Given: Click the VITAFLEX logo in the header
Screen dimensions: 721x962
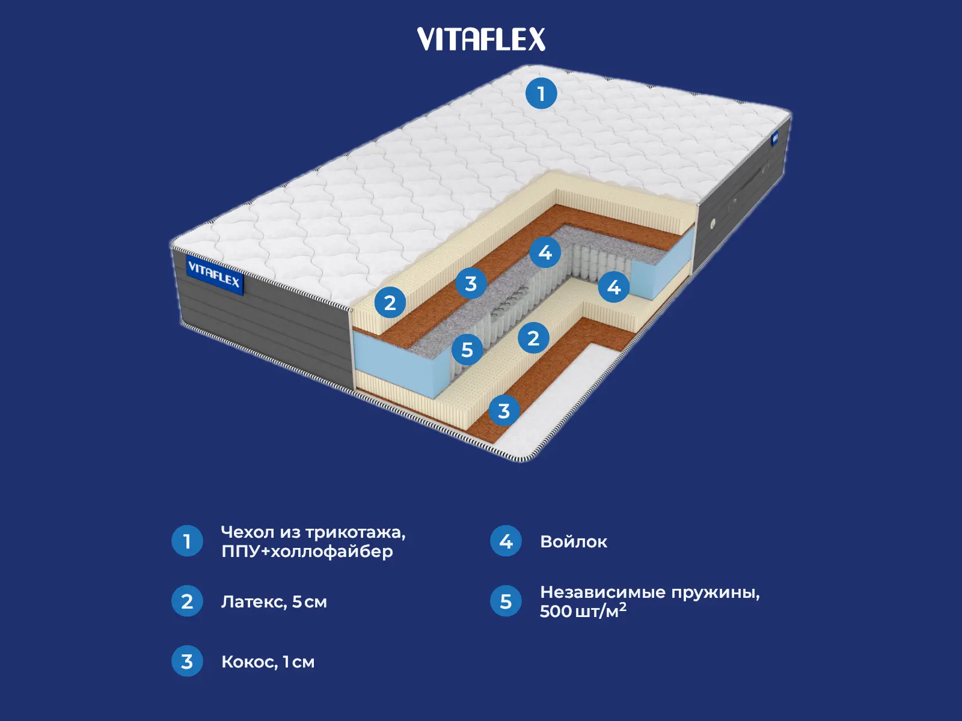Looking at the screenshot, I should [481, 39].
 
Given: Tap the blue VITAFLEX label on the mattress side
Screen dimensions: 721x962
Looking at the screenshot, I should [213, 275].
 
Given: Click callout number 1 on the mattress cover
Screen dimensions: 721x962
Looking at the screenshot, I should [541, 93].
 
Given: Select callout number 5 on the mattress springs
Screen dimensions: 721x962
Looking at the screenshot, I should [467, 350].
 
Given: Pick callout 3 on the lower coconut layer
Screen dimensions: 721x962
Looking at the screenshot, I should [504, 411].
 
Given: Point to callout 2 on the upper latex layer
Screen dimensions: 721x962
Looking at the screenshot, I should [390, 302].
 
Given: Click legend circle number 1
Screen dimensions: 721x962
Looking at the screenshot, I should [187, 541].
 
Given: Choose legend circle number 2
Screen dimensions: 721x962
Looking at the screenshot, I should [187, 601].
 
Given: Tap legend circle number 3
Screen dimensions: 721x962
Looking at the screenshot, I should [187, 661].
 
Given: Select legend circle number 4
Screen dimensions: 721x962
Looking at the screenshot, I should [506, 541].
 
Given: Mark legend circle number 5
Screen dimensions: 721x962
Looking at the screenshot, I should [506, 601].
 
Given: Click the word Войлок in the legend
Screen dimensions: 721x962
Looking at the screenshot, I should [574, 542].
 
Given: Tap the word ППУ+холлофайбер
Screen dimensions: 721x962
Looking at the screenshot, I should [307, 552].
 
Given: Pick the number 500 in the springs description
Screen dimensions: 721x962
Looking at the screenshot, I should [556, 612].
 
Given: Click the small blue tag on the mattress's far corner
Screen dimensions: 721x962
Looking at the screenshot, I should [776, 139].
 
